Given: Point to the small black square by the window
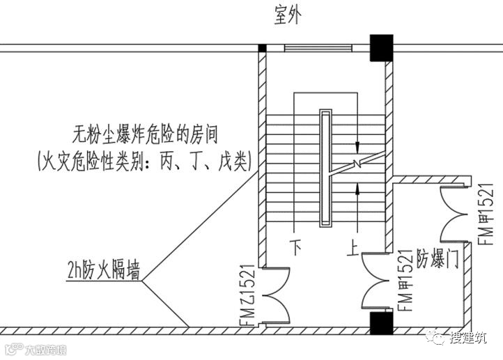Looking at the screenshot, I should click(263, 48).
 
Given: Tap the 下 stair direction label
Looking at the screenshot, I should click(295, 246).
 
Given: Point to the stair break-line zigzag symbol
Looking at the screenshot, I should click(356, 165).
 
